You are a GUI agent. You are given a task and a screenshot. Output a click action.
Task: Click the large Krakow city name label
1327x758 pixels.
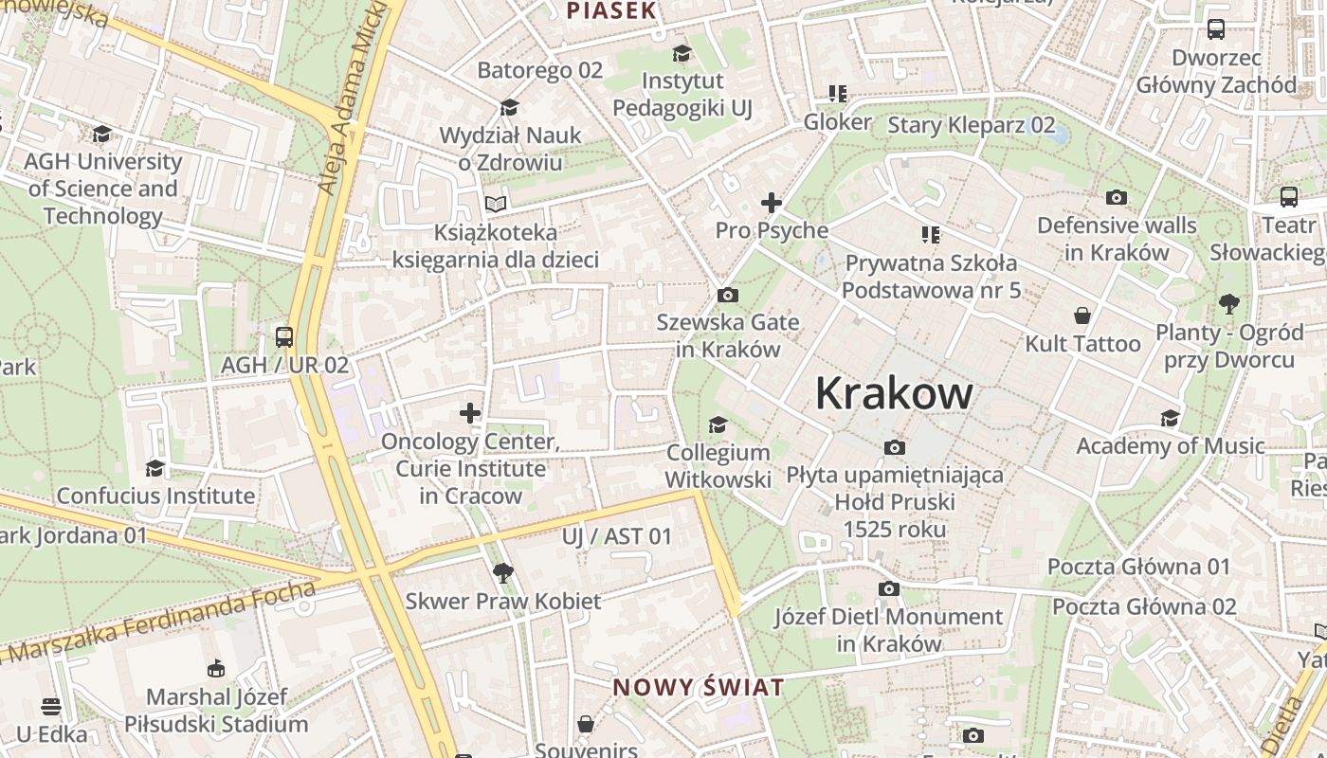(x=894, y=393)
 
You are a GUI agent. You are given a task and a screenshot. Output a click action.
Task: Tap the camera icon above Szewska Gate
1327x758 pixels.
(x=728, y=295)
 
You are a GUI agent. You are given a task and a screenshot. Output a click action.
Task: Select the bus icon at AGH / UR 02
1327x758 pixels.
(x=283, y=336)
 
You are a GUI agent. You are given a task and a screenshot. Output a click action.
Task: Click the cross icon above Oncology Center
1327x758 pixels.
(x=470, y=413)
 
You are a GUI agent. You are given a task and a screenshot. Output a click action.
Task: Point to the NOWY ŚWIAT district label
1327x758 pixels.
(x=699, y=687)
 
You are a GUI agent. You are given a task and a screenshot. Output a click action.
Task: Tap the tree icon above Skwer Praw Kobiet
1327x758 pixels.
(x=502, y=572)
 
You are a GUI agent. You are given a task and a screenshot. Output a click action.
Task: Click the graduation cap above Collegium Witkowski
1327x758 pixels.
(x=718, y=424)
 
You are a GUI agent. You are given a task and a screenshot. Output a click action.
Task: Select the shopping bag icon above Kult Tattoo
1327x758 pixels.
(x=1082, y=315)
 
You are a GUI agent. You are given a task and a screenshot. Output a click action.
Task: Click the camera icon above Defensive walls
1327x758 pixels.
(x=1117, y=197)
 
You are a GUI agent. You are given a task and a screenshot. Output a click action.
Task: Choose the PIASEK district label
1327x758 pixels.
(x=611, y=11)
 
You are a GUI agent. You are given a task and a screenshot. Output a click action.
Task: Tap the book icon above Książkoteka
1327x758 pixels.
(x=495, y=203)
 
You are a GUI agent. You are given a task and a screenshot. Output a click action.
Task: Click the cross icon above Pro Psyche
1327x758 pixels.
(x=772, y=202)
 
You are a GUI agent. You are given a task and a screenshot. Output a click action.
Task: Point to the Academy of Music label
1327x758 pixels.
(x=1170, y=445)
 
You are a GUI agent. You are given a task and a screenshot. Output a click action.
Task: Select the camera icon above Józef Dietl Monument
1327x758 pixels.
(x=888, y=588)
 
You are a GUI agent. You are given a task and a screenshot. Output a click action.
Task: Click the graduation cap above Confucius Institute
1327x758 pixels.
(x=155, y=468)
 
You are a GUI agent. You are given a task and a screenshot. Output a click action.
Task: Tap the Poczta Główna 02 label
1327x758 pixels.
(x=1144, y=606)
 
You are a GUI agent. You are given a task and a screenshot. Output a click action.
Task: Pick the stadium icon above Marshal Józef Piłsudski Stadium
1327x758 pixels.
(x=216, y=668)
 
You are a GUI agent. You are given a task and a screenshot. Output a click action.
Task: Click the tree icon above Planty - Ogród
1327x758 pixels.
(x=1230, y=304)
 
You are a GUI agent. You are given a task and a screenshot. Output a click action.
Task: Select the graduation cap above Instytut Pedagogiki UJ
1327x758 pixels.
(x=682, y=53)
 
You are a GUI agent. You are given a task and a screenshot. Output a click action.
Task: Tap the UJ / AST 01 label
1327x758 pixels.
(x=616, y=536)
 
